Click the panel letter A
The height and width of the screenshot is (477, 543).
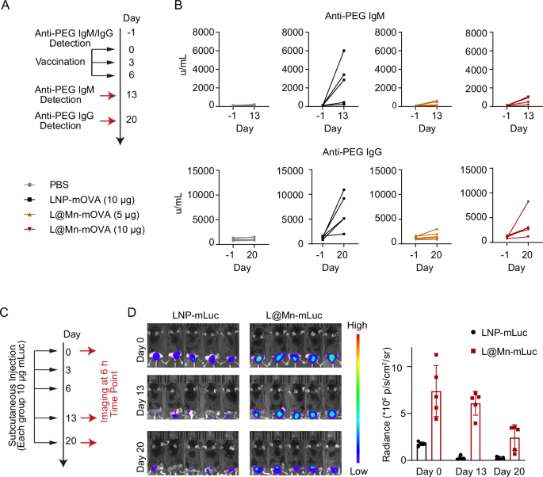(x=7, y=6)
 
